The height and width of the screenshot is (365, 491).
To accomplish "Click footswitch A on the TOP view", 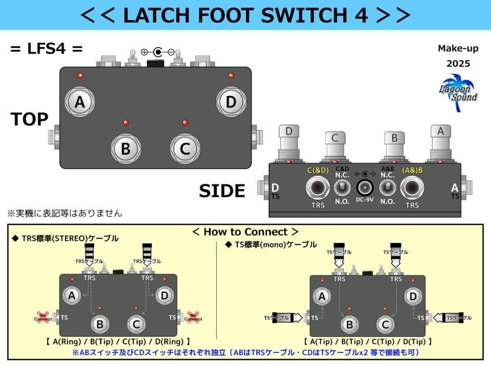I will [x=80, y=103].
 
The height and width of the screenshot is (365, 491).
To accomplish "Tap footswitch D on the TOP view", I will [x=231, y=103].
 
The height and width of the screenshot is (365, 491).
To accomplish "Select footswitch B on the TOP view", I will [x=126, y=148].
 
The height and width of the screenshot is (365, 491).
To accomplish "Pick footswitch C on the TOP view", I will [x=185, y=148].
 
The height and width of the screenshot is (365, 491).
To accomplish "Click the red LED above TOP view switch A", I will [x=80, y=76].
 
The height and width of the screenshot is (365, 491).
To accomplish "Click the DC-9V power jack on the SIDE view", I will [x=364, y=187].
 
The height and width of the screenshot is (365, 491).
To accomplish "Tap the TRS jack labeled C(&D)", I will [x=318, y=188].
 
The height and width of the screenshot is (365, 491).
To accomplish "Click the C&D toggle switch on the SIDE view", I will [x=342, y=187].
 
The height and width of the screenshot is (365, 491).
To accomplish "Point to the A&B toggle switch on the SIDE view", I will [x=387, y=187].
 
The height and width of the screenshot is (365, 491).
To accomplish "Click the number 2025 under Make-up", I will [x=458, y=64].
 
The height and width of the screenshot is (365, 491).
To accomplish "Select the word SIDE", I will [x=221, y=191].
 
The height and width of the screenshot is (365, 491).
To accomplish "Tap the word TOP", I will [x=29, y=119].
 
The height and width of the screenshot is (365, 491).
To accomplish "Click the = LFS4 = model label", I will [x=46, y=49].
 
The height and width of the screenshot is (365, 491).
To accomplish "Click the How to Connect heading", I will [x=245, y=232].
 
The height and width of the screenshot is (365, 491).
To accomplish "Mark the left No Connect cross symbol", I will [x=43, y=317].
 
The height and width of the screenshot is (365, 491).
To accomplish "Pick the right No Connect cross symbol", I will [x=193, y=317].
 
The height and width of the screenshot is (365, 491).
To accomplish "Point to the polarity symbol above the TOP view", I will [x=158, y=52].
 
